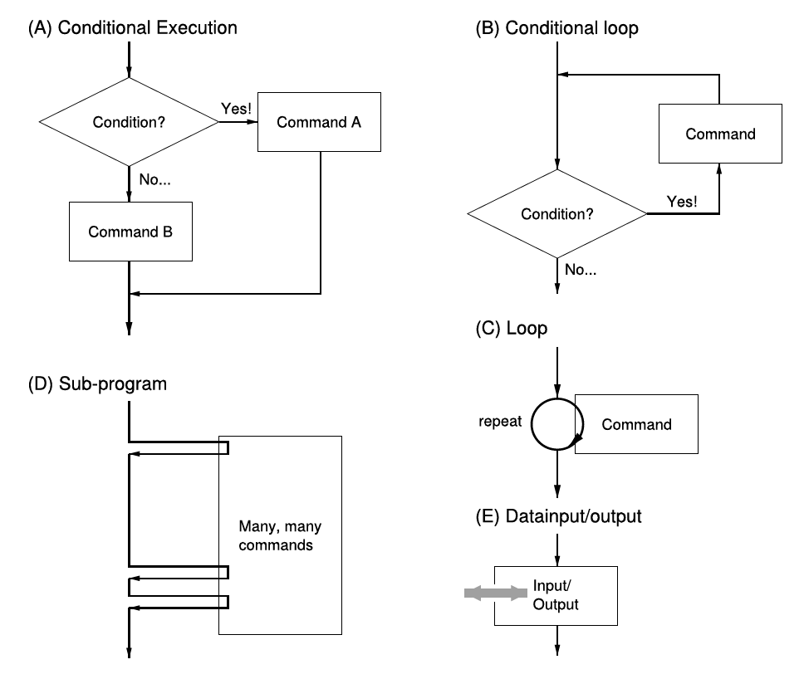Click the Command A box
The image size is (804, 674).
319,122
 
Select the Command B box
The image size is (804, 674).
130,232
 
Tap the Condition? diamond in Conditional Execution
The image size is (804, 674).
130,122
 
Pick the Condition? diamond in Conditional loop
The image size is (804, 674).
557,213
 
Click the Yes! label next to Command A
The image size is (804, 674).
237,109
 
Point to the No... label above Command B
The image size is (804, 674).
154,179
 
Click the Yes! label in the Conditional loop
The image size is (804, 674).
682,202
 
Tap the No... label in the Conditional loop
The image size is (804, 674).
581,270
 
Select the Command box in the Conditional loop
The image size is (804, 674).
720,134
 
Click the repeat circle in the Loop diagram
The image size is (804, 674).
532,424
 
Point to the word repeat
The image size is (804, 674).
500,422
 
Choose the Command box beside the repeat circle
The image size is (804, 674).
636,424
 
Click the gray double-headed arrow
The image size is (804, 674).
495,593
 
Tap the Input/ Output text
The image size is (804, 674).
556,595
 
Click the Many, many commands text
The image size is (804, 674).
280,535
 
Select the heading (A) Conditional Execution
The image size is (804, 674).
133,27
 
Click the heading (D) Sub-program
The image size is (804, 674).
97,384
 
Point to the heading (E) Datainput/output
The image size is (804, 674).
558,516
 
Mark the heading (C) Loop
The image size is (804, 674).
511,328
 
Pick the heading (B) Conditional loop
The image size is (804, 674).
556,27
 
